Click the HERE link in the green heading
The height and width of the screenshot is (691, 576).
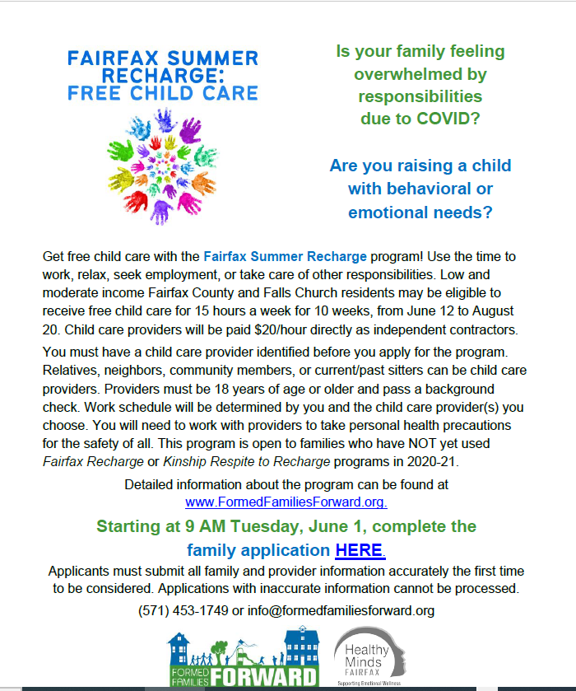[360, 549]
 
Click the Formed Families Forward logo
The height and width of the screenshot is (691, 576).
[243, 658]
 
